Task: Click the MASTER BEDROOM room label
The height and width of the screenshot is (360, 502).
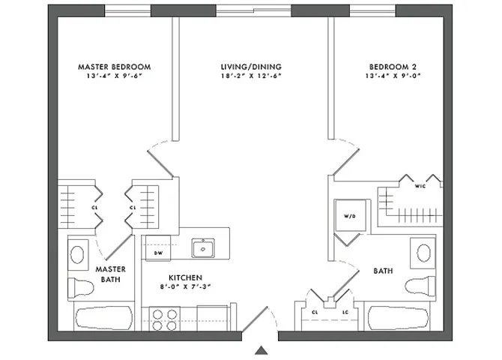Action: tap(114, 67)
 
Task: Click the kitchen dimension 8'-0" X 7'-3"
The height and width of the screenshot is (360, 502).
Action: tap(184, 286)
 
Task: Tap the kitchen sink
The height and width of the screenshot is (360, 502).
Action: tap(202, 247)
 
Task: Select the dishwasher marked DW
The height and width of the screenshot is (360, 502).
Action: tap(158, 248)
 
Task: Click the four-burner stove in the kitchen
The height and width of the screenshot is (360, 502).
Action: tap(164, 319)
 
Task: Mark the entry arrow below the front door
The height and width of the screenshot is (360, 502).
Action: tap(261, 349)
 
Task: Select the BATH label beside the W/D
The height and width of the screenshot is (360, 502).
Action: tap(383, 271)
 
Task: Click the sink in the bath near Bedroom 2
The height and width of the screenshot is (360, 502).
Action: tap(423, 252)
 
